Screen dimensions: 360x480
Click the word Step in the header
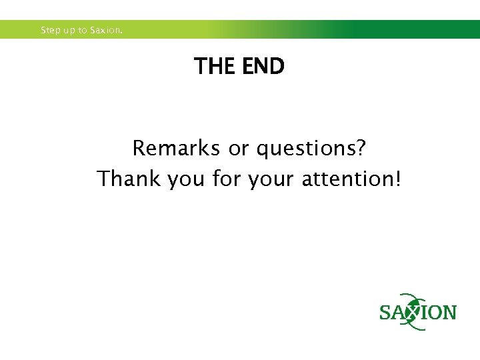(50, 31)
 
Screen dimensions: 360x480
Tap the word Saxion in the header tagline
(107, 31)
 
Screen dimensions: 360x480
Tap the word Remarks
(177, 148)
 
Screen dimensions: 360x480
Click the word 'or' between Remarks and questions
(239, 149)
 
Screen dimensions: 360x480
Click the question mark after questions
(361, 147)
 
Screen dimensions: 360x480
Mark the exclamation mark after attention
(397, 178)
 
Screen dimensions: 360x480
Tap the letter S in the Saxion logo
(386, 313)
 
